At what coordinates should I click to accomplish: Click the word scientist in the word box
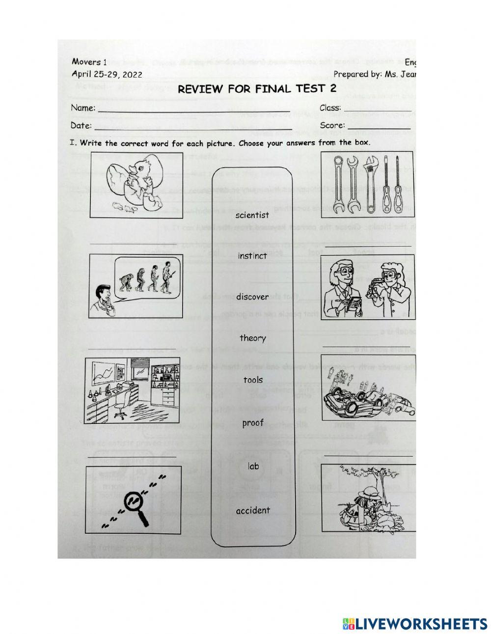(252, 215)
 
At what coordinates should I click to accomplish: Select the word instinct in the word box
(252, 256)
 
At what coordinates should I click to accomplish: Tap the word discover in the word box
(252, 297)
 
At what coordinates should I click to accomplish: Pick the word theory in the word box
(253, 338)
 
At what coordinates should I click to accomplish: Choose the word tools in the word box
(253, 380)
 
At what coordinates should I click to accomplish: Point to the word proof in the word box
(253, 423)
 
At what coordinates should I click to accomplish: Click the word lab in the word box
(253, 466)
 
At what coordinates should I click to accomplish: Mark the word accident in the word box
(253, 511)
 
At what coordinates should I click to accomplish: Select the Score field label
(332, 126)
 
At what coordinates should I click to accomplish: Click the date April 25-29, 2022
(107, 75)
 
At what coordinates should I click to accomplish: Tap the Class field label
(330, 108)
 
